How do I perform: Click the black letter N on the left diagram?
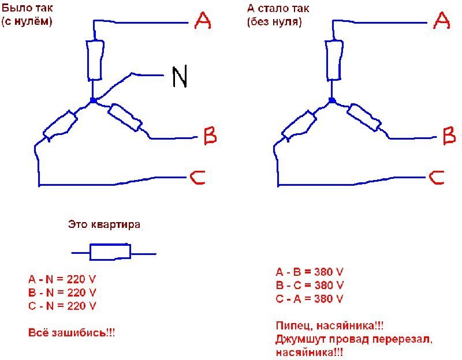pos(180,77)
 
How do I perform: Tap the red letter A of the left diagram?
pos(203,21)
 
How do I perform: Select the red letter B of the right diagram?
pos(449,136)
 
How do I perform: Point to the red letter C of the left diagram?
pos(198,178)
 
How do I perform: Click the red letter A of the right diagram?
pos(441,21)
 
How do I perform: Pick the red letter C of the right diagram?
pos(437,178)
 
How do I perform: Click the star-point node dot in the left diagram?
pos(93,100)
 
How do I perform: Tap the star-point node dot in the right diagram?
pos(332,100)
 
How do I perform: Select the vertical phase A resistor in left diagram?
pos(95,60)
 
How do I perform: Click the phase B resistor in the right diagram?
pos(364,118)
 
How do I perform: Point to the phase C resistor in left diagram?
pos(61,125)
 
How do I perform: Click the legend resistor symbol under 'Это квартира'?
pos(110,252)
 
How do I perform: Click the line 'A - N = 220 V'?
pos(62,279)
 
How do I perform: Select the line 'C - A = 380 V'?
pos(310,299)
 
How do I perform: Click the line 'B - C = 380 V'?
pos(310,285)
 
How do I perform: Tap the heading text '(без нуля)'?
pos(275,22)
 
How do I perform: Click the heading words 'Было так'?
pos(27,8)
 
